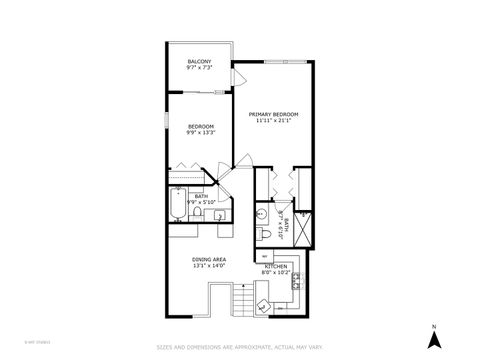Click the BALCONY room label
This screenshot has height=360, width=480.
pos(199,62)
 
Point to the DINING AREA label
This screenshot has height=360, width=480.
pos(209,260)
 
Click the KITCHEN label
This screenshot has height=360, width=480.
pos(276,265)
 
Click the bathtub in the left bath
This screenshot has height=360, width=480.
pos(177,205)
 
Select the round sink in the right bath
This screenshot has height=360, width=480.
pos(261,213)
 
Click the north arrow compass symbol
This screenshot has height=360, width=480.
pos(434,340)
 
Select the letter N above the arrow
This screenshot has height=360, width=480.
pos(434,326)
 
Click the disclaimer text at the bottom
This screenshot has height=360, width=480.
pos(239,348)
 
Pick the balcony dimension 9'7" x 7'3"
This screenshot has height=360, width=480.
pos(199,68)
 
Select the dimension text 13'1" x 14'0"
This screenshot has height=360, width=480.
pos(209,266)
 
